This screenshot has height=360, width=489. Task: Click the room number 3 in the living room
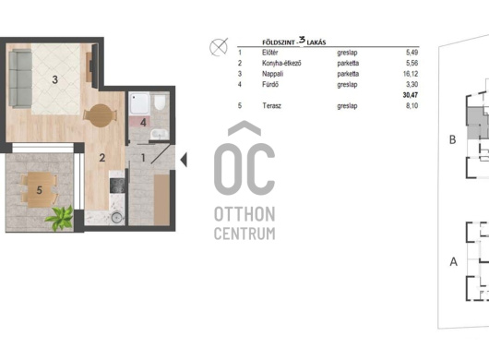54,80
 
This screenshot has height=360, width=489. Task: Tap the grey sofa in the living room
20,78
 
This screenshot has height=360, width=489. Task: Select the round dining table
100,115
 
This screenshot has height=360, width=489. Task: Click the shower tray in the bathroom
139,103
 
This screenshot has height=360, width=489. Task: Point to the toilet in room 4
160,102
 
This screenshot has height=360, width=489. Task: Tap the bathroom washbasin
160,135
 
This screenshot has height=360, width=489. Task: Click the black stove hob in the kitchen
117,185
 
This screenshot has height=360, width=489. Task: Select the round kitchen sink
117,218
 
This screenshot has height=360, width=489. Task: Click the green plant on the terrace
60,218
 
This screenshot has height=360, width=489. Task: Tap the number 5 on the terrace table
40,190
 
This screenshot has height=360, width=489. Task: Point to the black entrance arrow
184,160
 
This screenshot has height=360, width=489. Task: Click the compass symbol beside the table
219,47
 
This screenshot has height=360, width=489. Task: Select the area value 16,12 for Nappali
411,74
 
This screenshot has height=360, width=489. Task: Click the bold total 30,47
411,95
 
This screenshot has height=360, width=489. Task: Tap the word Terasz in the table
271,106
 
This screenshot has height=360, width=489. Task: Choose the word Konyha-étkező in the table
281,64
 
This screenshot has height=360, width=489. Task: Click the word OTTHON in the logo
244,214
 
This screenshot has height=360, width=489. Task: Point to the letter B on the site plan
452,139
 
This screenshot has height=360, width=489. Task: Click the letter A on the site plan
454,261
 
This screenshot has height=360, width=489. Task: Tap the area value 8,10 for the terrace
412,106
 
